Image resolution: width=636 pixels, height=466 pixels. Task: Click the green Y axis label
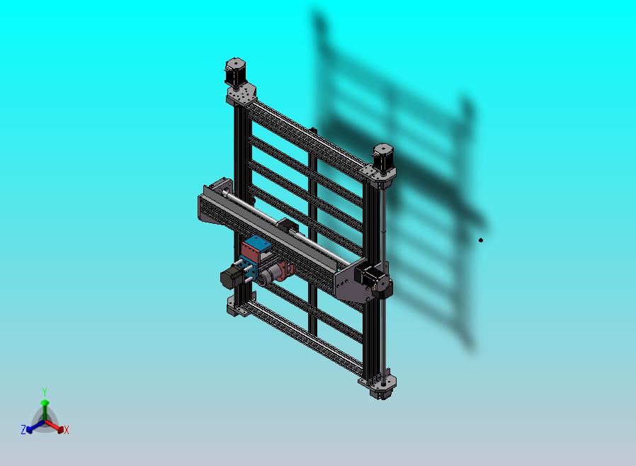[x=44, y=392]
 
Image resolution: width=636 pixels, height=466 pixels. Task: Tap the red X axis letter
[x=67, y=430]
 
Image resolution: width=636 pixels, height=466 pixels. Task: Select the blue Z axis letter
[x=23, y=429]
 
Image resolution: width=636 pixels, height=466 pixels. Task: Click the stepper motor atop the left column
[x=235, y=72]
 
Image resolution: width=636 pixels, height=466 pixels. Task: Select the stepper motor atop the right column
[x=383, y=157]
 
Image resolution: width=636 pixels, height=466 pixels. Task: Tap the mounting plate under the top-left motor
[x=242, y=94]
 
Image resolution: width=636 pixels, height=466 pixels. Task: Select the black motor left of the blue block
[x=230, y=277]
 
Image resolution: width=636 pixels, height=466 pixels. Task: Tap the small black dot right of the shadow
[x=481, y=240]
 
